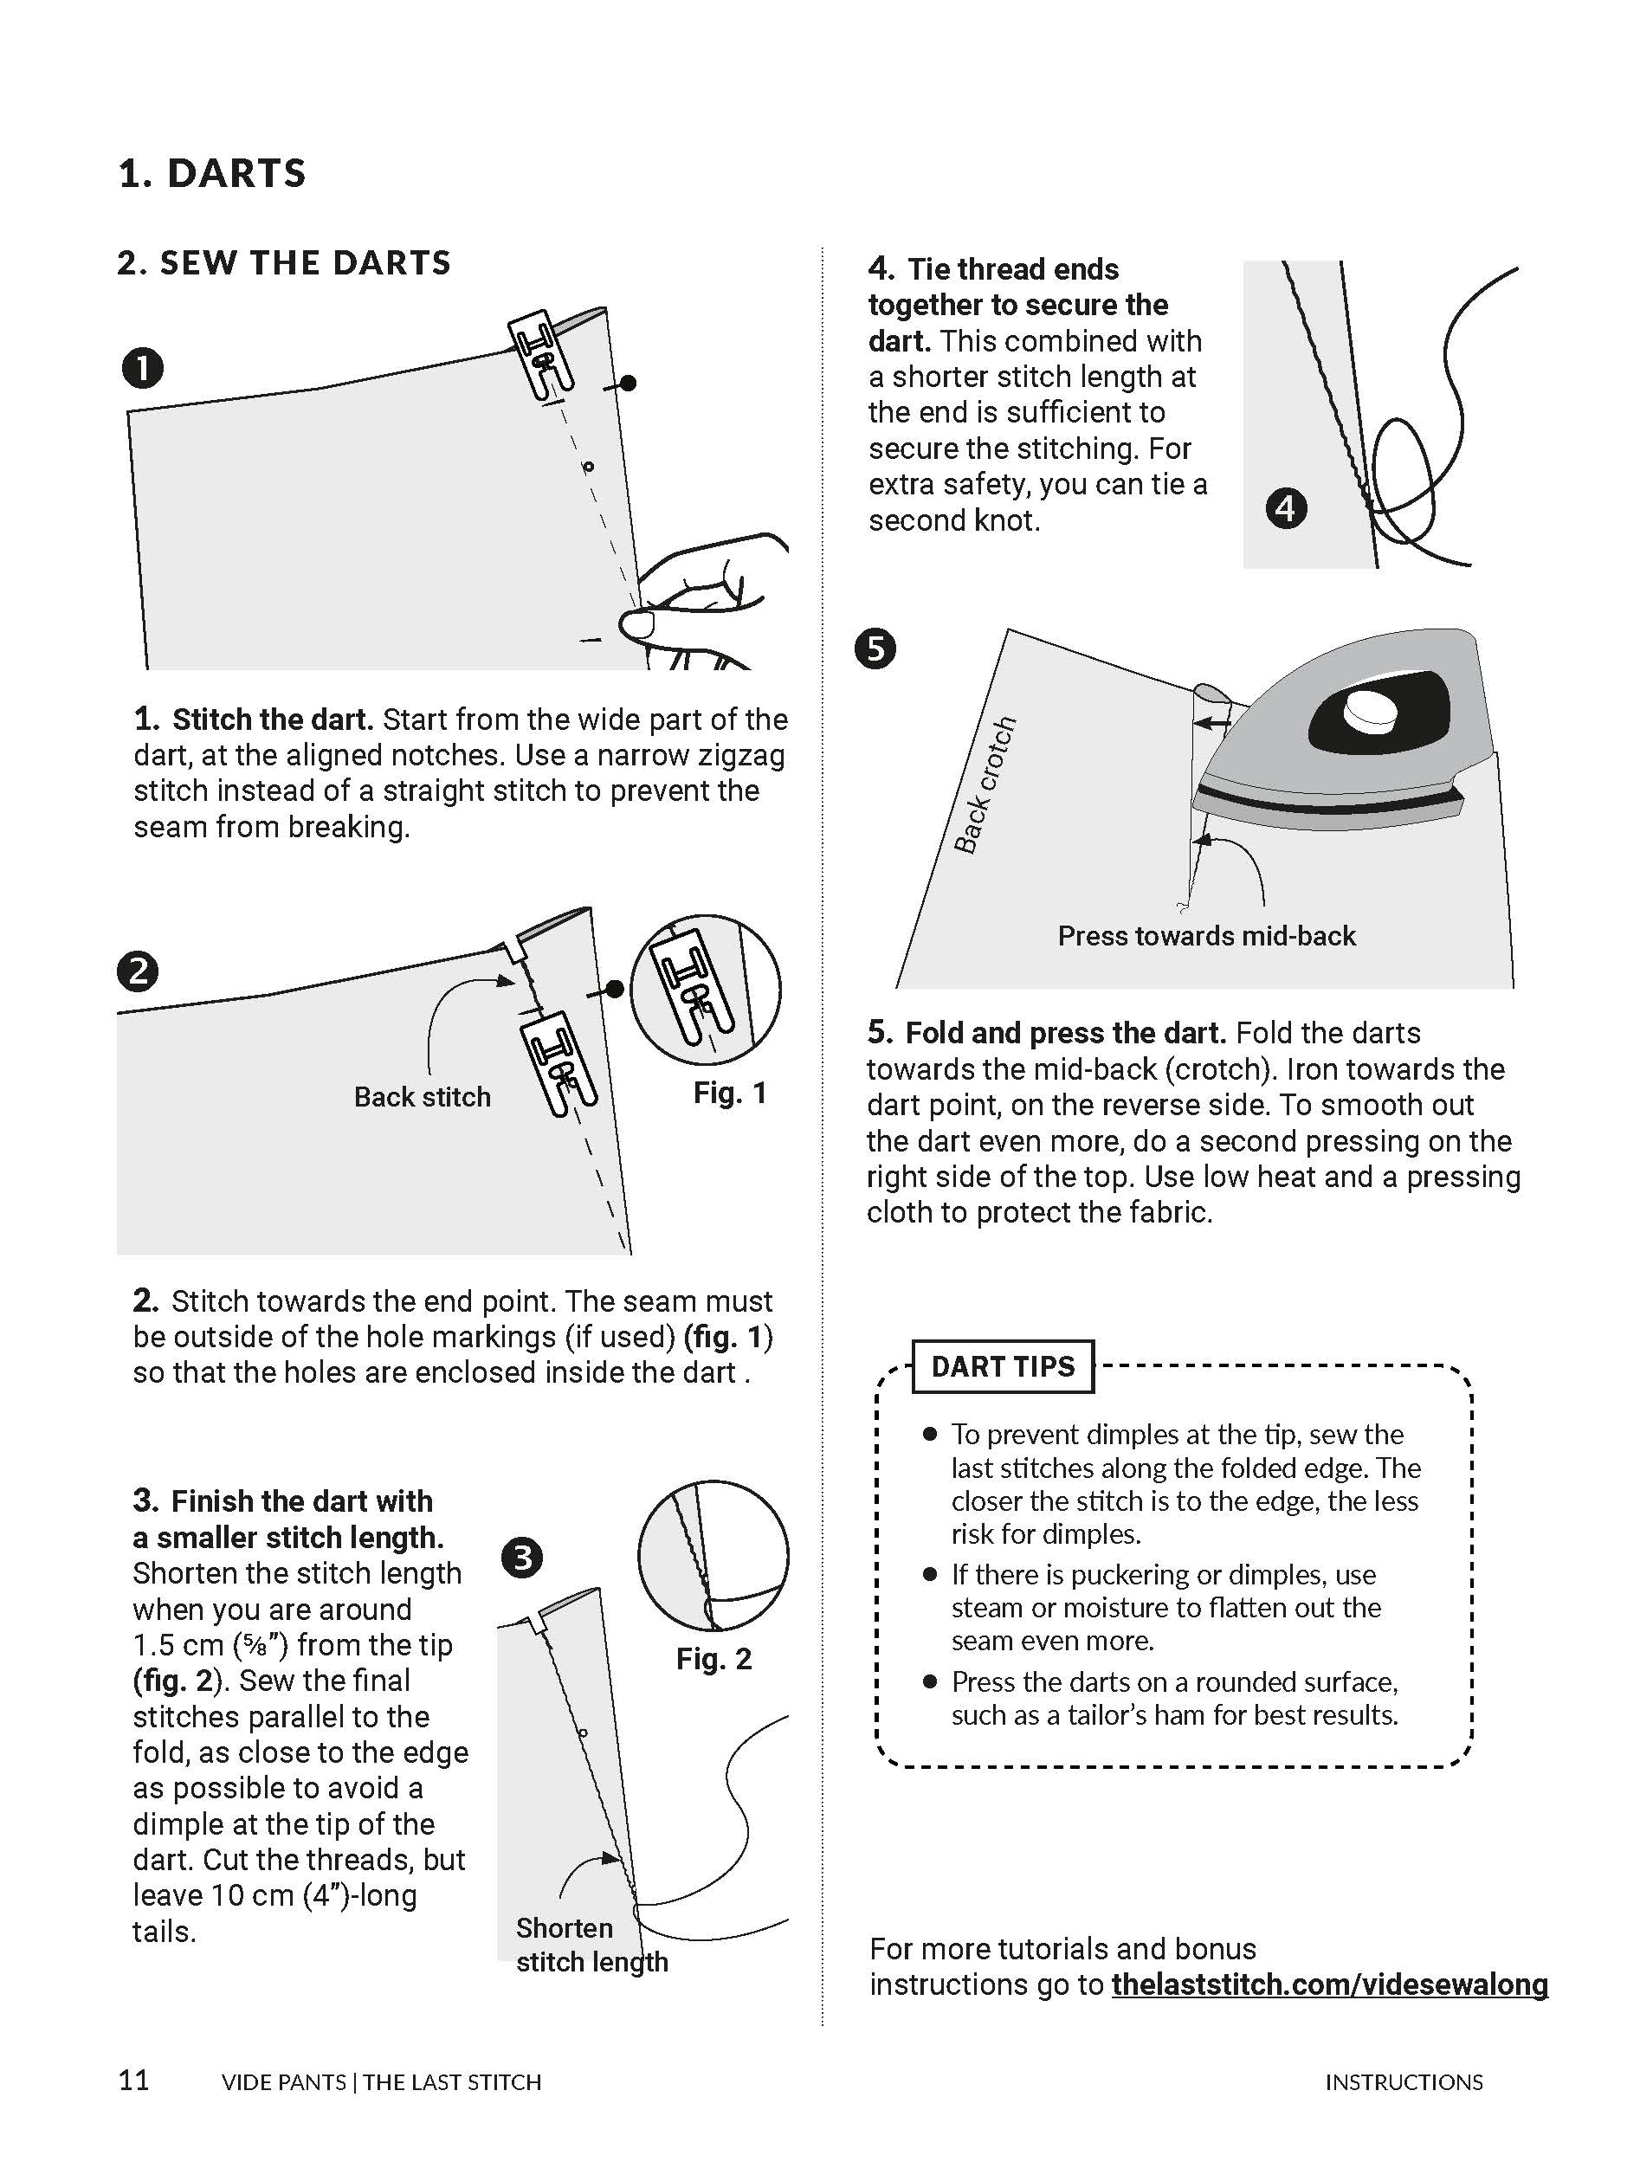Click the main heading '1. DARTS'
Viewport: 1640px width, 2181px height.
[212, 173]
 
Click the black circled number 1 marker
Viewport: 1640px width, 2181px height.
[143, 369]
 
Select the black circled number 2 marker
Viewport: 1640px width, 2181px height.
[138, 971]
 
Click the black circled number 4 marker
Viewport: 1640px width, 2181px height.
[1286, 509]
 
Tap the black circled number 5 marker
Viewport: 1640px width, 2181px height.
[875, 648]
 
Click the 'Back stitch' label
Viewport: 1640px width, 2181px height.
[422, 1096]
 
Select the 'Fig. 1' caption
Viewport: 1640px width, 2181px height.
[730, 1093]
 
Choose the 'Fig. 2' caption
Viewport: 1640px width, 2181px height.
[714, 1658]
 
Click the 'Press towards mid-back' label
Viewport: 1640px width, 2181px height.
[1206, 936]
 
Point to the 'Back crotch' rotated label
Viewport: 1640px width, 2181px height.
[985, 784]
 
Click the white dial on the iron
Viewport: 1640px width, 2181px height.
[1372, 711]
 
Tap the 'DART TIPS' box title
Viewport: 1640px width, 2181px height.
[1003, 1366]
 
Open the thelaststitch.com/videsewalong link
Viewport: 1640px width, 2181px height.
[1329, 1984]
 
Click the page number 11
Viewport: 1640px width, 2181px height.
[134, 2080]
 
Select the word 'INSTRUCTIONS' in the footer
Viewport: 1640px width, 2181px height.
[1404, 2081]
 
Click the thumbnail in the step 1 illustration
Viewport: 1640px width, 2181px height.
[636, 625]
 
